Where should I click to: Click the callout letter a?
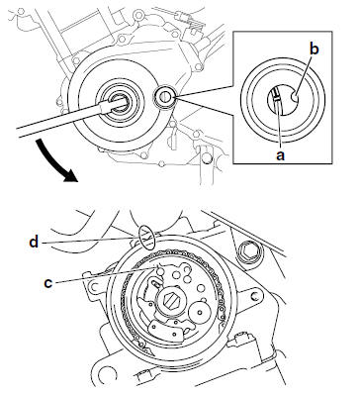[280, 155]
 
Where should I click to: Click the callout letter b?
[315, 49]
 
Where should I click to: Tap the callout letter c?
[48, 283]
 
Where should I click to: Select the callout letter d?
[34, 242]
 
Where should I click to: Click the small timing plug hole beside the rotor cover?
[165, 96]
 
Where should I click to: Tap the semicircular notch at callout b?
[296, 97]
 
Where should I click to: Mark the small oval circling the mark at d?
[147, 237]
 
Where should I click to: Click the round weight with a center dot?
[201, 311]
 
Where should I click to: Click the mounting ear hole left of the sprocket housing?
[94, 286]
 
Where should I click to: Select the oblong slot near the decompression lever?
[155, 282]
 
